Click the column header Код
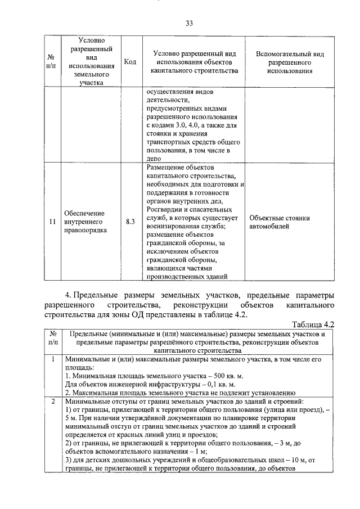(x=130, y=62)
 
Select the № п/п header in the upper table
(x=51, y=62)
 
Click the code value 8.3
(x=130, y=222)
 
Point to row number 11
(x=51, y=222)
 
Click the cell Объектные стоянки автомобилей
(x=277, y=222)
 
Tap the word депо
(x=155, y=159)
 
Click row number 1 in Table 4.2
(x=52, y=359)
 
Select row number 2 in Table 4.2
(x=52, y=402)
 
